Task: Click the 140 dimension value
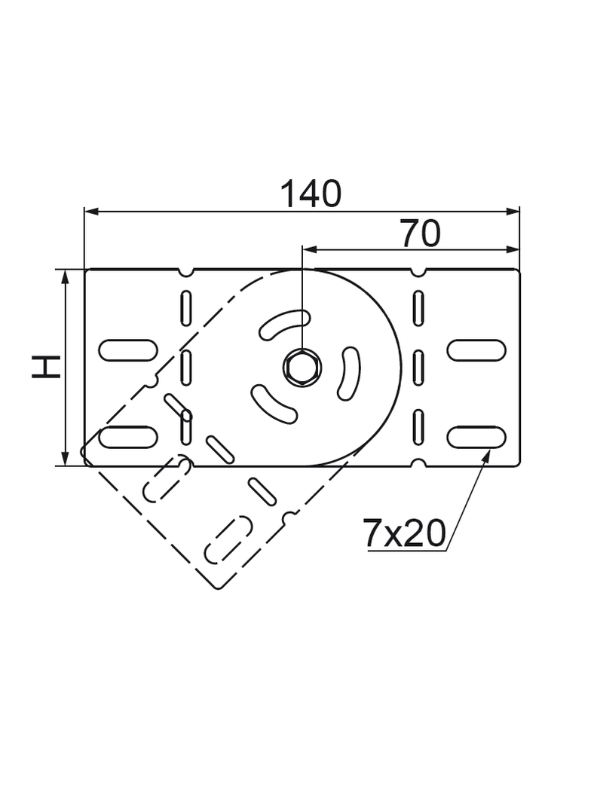[311, 194]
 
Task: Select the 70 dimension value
[420, 234]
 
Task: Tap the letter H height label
[47, 367]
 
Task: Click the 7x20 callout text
[405, 534]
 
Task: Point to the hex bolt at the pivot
[302, 368]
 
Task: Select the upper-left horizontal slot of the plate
[128, 350]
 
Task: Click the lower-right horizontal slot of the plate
[476, 436]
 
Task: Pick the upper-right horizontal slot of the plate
[476, 350]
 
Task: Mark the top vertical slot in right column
[418, 308]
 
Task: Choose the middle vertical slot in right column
[418, 367]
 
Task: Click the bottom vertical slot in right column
[418, 426]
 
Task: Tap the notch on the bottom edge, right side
[418, 463]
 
